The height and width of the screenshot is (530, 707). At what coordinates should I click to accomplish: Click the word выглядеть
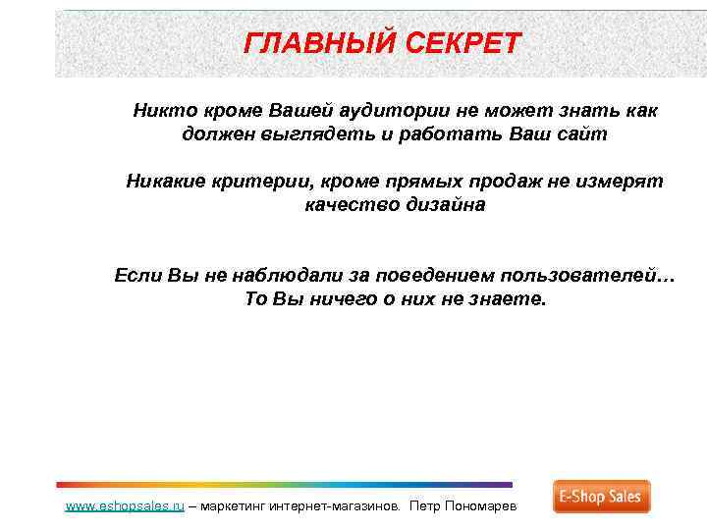[308, 134]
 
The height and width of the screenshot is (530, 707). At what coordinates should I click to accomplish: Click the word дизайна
[443, 205]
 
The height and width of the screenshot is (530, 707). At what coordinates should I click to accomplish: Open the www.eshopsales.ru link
[125, 506]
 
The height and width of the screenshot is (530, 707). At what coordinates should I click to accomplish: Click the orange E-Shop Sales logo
[601, 497]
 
